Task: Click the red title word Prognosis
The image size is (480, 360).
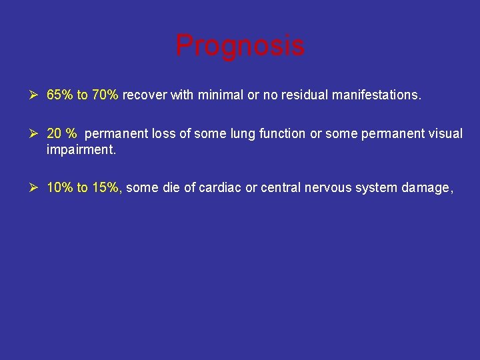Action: pyautogui.click(x=240, y=46)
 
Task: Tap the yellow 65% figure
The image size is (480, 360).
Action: pyautogui.click(x=60, y=95)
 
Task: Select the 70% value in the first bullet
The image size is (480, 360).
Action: pyautogui.click(x=105, y=95)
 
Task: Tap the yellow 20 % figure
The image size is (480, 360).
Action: pyautogui.click(x=62, y=134)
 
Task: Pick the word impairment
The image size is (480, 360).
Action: pyautogui.click(x=81, y=149)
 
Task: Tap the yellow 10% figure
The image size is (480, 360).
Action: pyautogui.click(x=60, y=188)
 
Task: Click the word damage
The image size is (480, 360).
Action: pyautogui.click(x=427, y=188)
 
